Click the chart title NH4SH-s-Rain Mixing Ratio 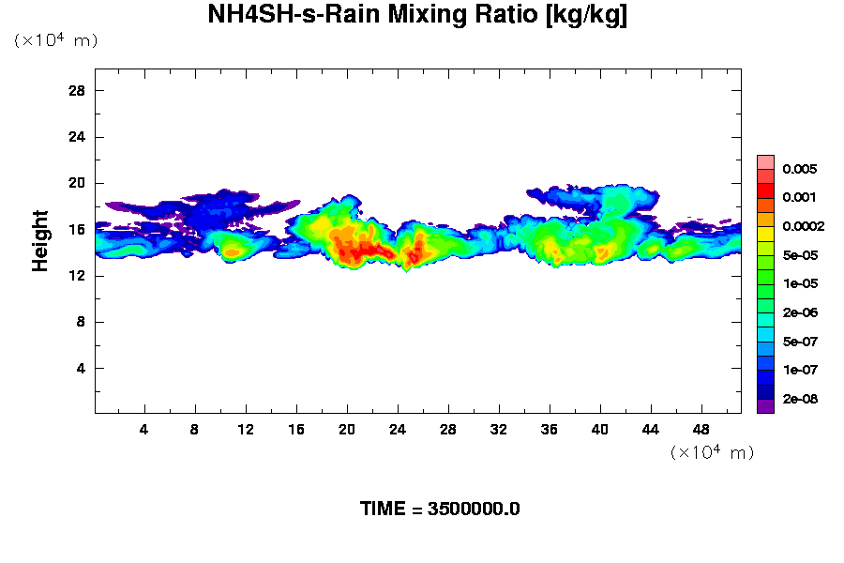tap(417, 16)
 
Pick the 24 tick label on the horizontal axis tap(398, 430)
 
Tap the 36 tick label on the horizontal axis tap(549, 430)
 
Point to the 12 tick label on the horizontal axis tap(246, 430)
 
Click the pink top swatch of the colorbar tap(765, 162)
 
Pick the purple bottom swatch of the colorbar tap(765, 405)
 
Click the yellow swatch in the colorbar tap(765, 234)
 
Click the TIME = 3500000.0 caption tap(440, 510)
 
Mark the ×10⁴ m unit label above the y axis tap(55, 40)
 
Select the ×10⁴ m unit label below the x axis tap(712, 452)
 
